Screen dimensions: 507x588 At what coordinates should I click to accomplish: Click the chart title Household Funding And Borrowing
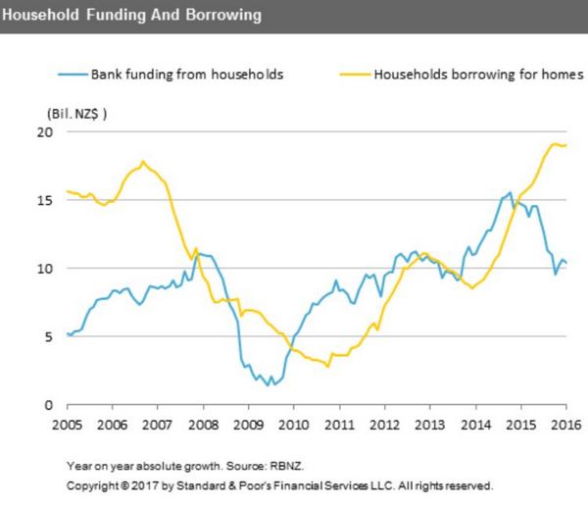pos(132,16)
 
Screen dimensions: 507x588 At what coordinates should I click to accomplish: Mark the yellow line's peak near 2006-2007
pos(143,162)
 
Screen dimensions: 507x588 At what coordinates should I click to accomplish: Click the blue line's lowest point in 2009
pos(270,384)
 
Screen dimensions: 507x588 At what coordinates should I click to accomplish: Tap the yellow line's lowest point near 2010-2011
pos(328,367)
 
